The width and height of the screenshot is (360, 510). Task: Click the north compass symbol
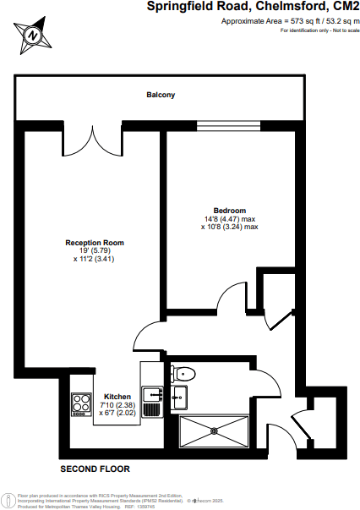click(x=32, y=35)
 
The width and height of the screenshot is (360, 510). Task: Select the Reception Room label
click(x=95, y=243)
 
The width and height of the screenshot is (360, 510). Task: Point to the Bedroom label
click(x=229, y=211)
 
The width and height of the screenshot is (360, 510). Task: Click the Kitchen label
click(x=117, y=396)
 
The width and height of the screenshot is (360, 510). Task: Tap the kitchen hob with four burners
click(x=81, y=404)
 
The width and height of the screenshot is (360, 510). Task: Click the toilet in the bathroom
click(x=185, y=373)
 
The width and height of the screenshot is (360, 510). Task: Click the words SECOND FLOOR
click(x=95, y=468)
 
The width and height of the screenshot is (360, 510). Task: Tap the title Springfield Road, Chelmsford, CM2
click(x=247, y=7)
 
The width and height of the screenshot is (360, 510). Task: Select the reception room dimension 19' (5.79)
click(x=95, y=251)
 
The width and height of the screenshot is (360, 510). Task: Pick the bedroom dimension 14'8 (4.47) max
click(x=229, y=219)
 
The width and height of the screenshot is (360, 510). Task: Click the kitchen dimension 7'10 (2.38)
click(x=117, y=404)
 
